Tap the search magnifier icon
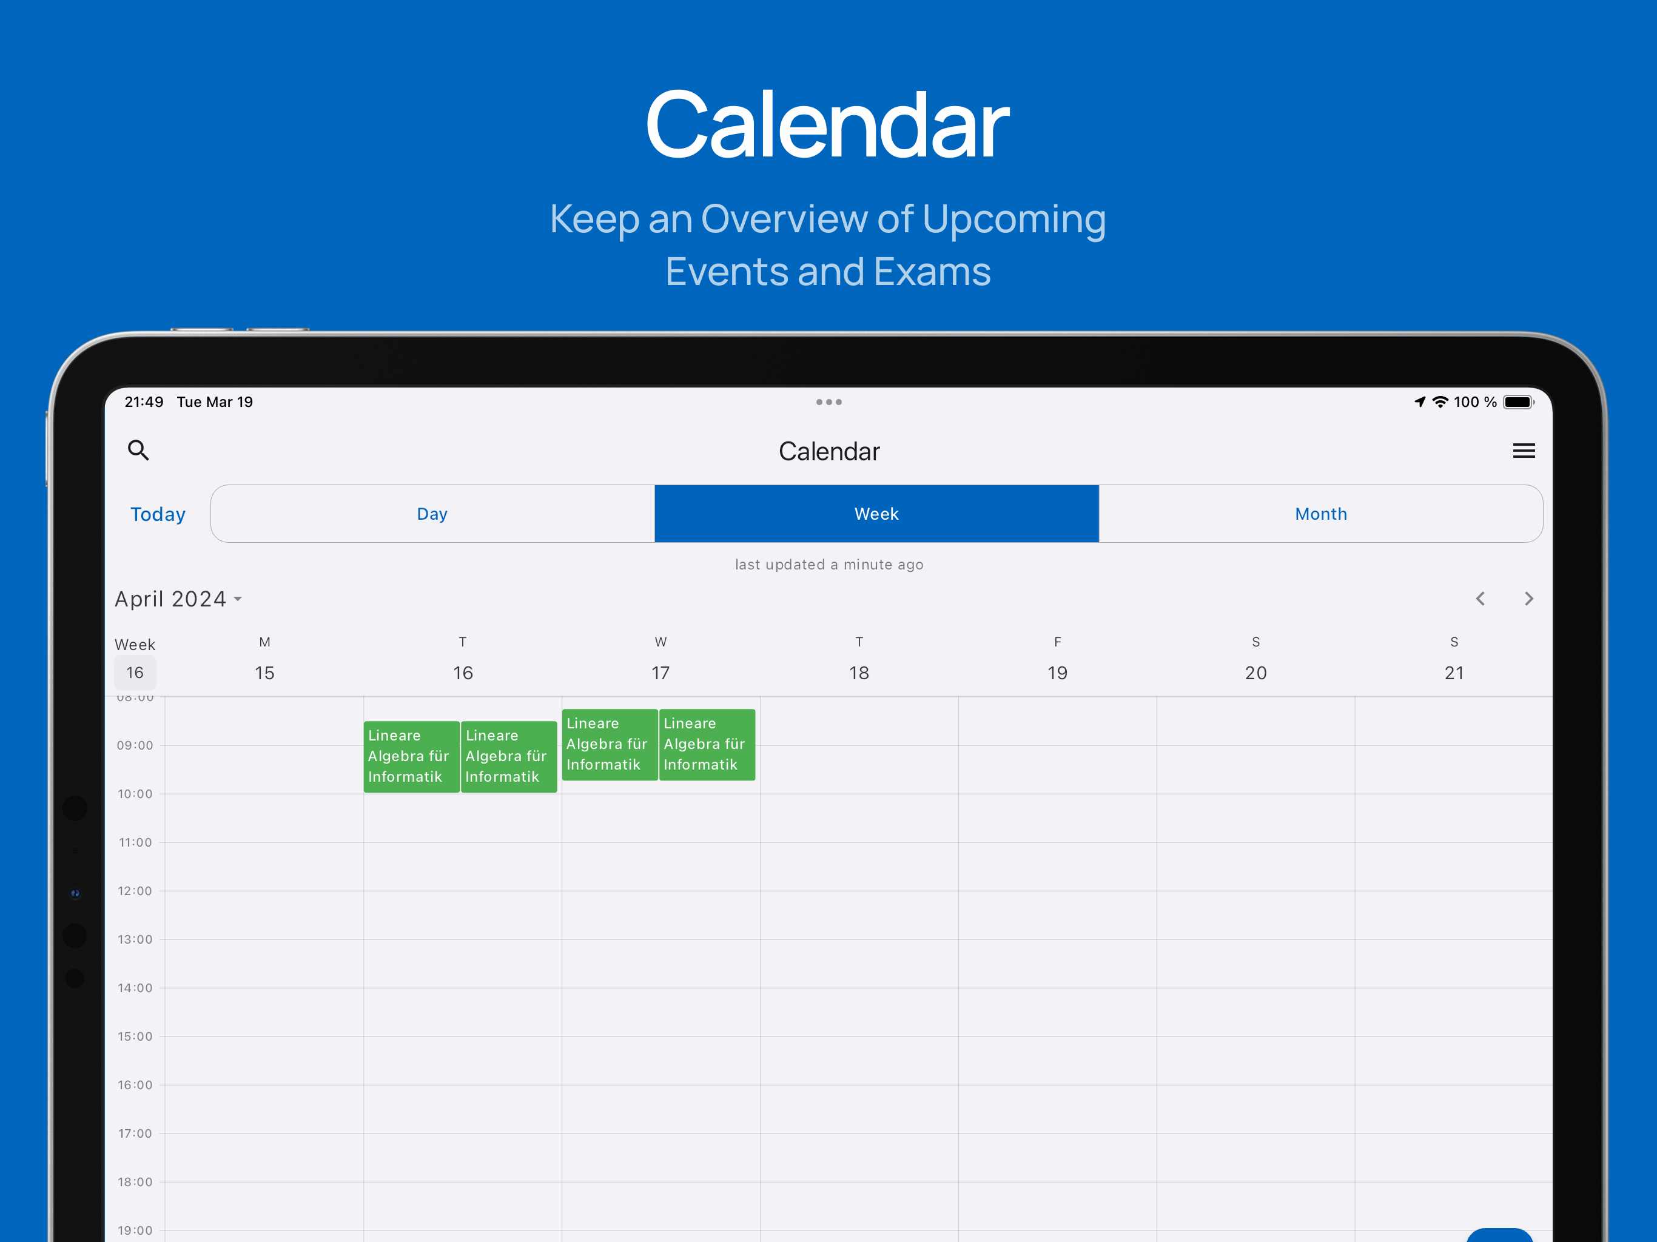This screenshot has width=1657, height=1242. tap(138, 450)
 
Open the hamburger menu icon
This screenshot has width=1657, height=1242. tap(1524, 450)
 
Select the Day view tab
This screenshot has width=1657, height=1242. tap(433, 514)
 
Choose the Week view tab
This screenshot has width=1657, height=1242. tap(876, 514)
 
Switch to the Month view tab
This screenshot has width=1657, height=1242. tap(1320, 514)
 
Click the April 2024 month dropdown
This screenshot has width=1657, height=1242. tap(178, 599)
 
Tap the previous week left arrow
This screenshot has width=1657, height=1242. tap(1481, 599)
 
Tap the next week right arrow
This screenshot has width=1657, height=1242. tap(1529, 599)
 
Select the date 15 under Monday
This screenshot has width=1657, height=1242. tap(264, 673)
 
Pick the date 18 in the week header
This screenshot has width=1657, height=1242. tap(859, 673)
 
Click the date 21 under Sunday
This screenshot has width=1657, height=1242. tap(1454, 673)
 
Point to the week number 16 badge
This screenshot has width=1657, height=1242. tap(135, 673)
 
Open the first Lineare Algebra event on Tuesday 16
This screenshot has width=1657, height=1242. tap(411, 757)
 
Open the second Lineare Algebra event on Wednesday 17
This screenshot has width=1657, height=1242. tap(707, 745)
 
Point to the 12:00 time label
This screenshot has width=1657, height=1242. tap(135, 891)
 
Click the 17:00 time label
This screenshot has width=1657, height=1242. tap(135, 1133)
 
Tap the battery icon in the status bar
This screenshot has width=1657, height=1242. tap(1519, 402)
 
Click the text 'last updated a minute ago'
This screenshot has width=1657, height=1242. tap(829, 565)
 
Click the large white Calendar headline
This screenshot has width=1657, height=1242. tap(828, 124)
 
